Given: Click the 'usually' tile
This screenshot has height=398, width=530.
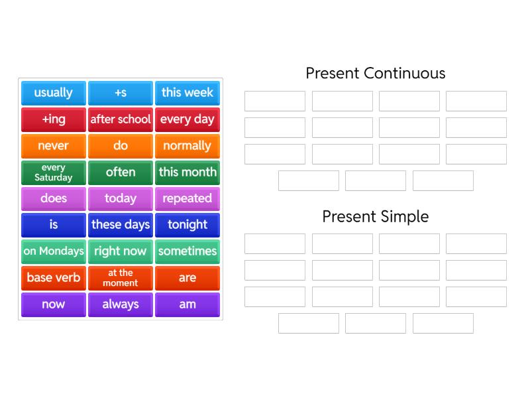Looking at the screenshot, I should click(54, 93).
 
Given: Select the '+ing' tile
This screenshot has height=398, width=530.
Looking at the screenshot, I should click(54, 119).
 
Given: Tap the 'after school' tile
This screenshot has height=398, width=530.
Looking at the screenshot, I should click(121, 119).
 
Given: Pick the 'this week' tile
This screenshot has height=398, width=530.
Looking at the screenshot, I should click(187, 93).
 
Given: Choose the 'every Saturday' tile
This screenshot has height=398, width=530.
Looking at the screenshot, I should click(54, 172).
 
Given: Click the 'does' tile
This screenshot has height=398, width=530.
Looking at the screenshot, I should click(54, 198).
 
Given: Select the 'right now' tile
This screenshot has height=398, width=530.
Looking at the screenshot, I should click(121, 251).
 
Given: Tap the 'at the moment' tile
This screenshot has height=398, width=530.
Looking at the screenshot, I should click(121, 278).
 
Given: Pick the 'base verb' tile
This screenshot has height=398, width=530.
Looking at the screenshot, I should click(54, 278).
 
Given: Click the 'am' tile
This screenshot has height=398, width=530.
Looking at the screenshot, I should click(187, 304).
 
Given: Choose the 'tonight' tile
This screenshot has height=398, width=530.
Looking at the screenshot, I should click(187, 225).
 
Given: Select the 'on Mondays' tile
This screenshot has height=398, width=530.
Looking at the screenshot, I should click(54, 251).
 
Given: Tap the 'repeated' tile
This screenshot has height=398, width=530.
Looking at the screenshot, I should click(187, 198).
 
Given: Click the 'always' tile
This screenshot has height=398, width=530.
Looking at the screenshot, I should click(121, 304).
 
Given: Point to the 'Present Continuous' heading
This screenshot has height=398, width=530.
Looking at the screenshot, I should click(375, 73).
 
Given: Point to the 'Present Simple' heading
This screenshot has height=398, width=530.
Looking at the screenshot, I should click(375, 216).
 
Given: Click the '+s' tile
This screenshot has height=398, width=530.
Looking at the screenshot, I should click(121, 93).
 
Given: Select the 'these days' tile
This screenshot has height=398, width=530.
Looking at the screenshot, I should click(121, 225).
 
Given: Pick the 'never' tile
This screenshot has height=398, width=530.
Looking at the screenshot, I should click(54, 146).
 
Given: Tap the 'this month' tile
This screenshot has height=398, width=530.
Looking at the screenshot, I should click(187, 172).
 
